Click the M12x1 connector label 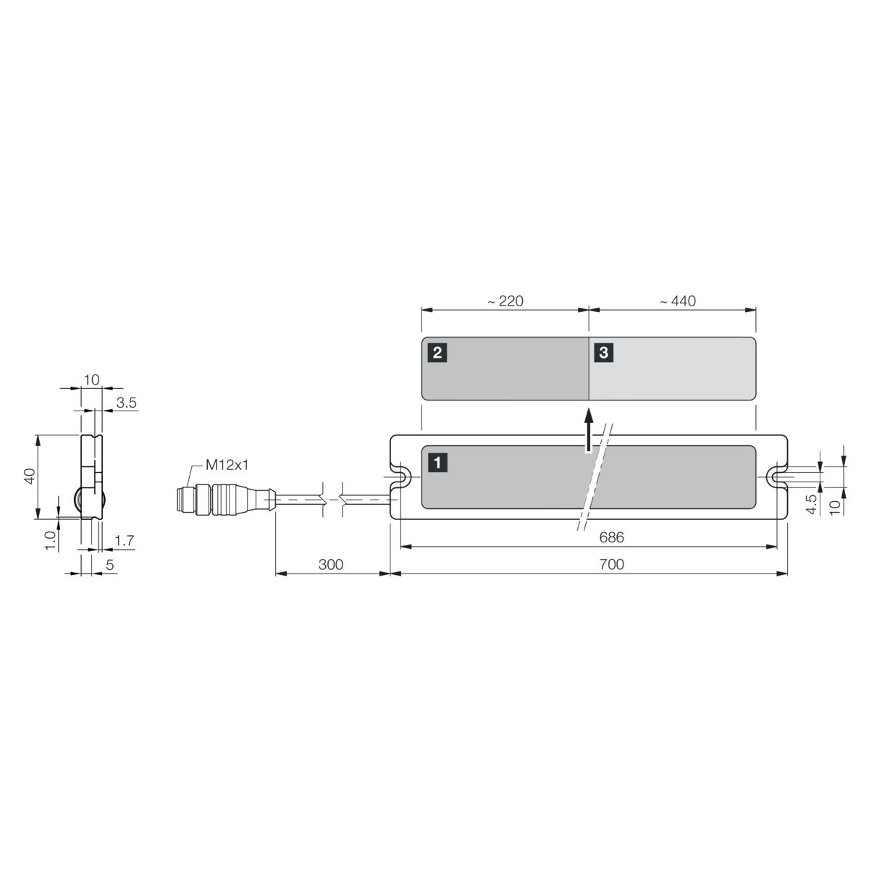[x=227, y=465]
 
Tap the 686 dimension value [x=611, y=537]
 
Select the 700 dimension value [x=611, y=565]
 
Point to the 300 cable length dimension [x=330, y=565]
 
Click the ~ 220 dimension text [x=505, y=301]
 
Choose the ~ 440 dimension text [x=678, y=301]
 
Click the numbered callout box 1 [x=437, y=463]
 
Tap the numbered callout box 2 [x=437, y=353]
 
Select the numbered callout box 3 [x=604, y=353]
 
